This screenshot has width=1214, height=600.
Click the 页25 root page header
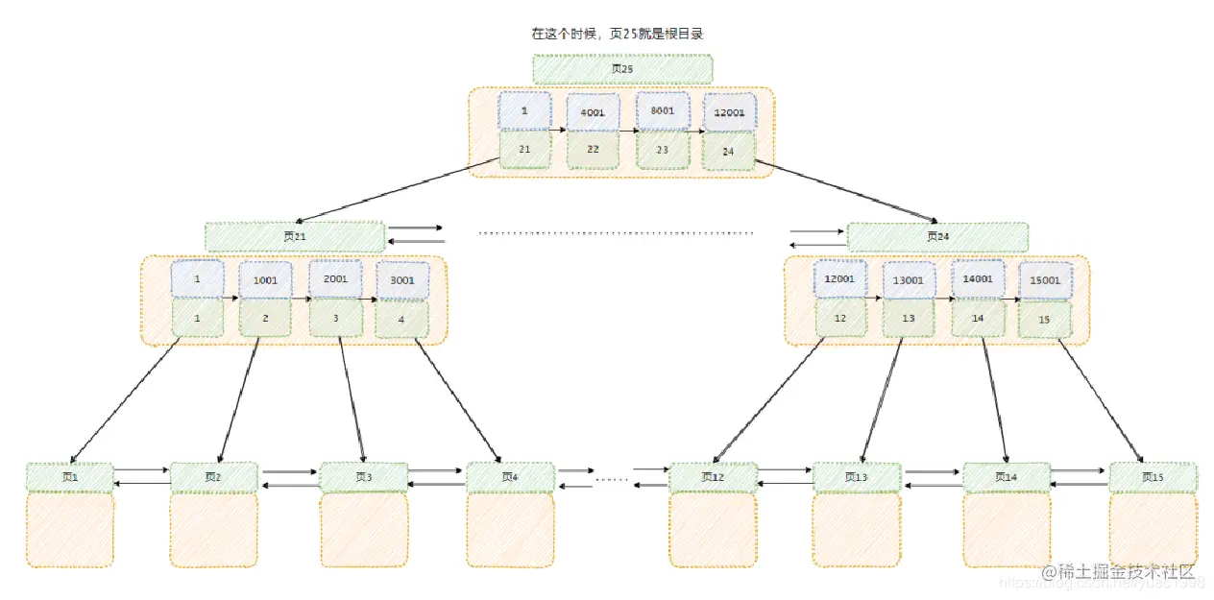pyautogui.click(x=622, y=69)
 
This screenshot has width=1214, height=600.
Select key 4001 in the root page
pyautogui.click(x=593, y=111)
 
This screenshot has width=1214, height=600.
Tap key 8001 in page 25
pyautogui.click(x=663, y=110)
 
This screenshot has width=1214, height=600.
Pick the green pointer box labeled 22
pyautogui.click(x=593, y=150)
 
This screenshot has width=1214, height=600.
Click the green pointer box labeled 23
pyautogui.click(x=663, y=150)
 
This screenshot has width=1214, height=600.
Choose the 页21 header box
pyautogui.click(x=294, y=236)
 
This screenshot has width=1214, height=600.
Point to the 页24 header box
pyautogui.click(x=936, y=236)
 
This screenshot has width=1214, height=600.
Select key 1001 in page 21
pyautogui.click(x=265, y=280)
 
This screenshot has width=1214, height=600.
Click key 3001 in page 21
pyautogui.click(x=402, y=280)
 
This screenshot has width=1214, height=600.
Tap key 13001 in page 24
pyautogui.click(x=909, y=280)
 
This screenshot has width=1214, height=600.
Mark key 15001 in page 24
pyautogui.click(x=1045, y=280)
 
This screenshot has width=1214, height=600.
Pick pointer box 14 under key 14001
pyautogui.click(x=978, y=318)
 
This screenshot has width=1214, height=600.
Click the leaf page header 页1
pyautogui.click(x=69, y=477)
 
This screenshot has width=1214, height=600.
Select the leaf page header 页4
pyautogui.click(x=510, y=477)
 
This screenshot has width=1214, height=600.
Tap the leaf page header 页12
pyautogui.click(x=712, y=477)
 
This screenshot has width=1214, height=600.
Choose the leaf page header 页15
pyautogui.click(x=1153, y=477)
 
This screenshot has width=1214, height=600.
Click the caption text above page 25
pyautogui.click(x=619, y=34)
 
